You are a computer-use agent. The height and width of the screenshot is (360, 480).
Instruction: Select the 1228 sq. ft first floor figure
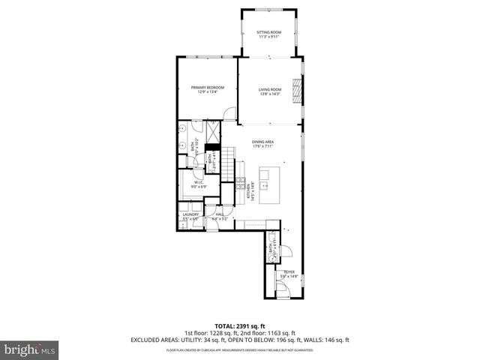[223, 333]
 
